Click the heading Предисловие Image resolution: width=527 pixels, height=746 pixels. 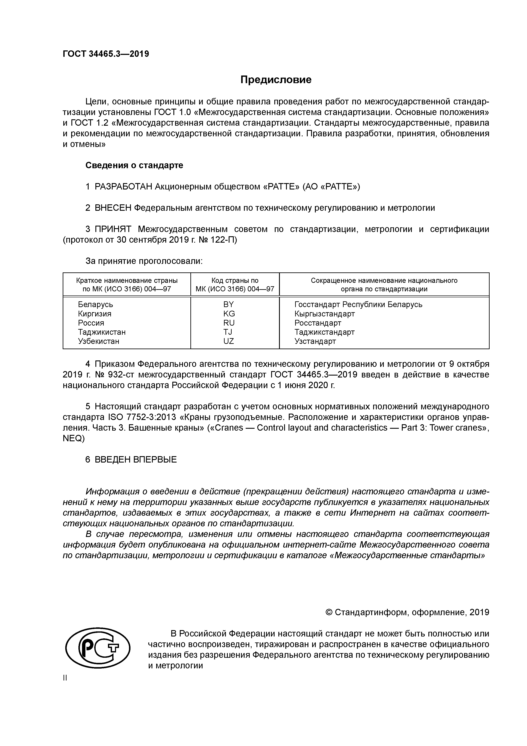(276, 80)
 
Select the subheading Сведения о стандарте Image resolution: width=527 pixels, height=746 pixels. (134, 165)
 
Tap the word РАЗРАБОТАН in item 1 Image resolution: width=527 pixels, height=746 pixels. (123, 187)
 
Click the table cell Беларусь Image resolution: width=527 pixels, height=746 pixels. (95, 305)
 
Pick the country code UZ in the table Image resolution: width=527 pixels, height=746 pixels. (229, 341)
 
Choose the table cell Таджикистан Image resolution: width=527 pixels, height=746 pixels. (102, 332)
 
